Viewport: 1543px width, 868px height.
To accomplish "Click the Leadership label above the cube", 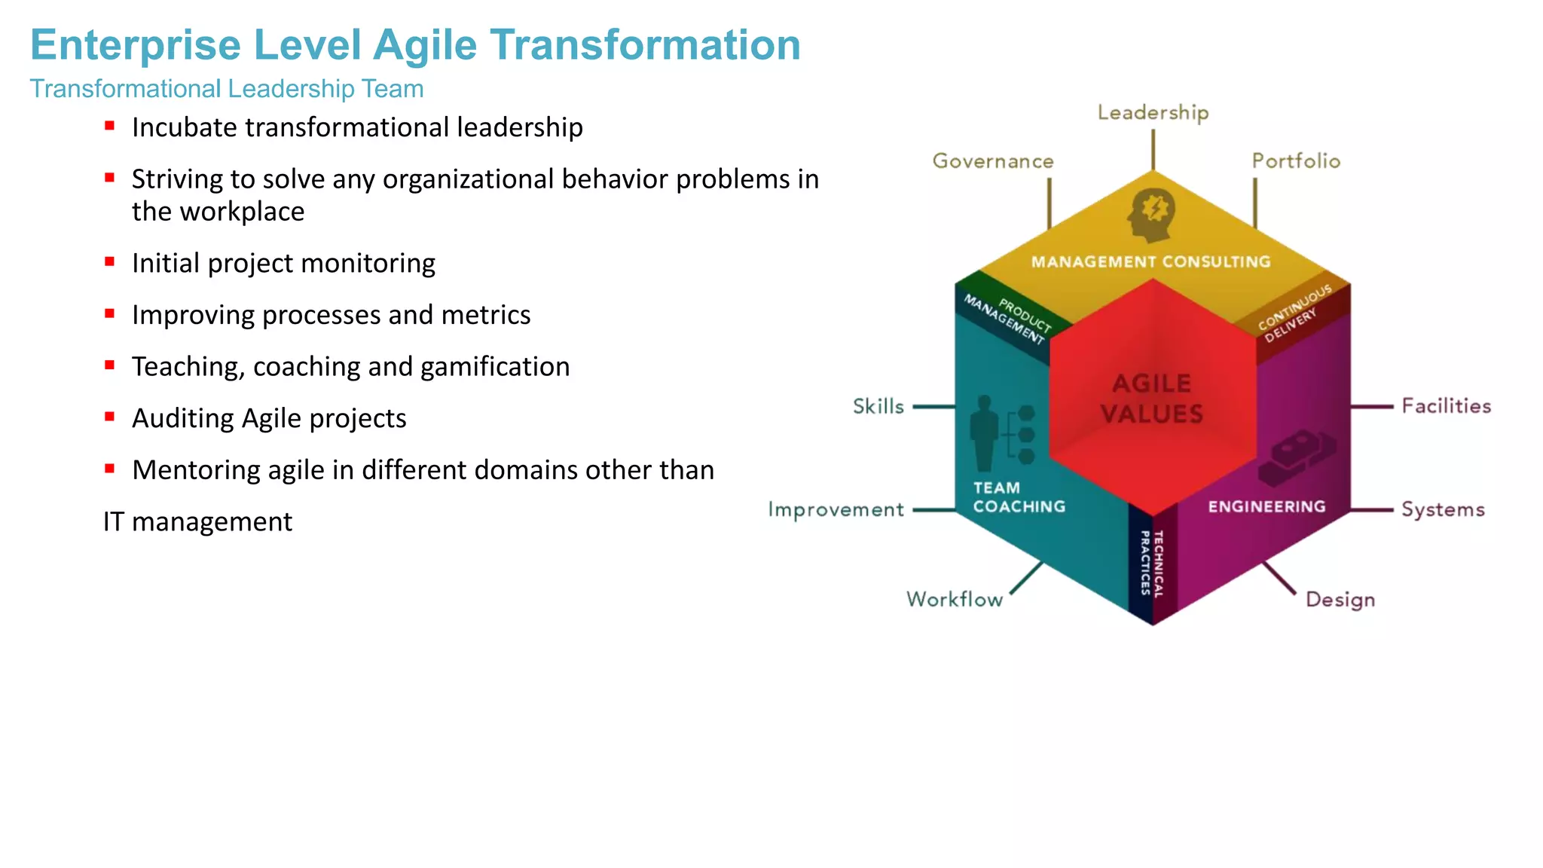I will pyautogui.click(x=1153, y=113).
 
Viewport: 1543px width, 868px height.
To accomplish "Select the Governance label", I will pyautogui.click(x=993, y=161).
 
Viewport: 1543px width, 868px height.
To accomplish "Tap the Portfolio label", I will pyautogui.click(x=1296, y=161).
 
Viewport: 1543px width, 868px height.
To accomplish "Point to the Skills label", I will pyautogui.click(x=878, y=407).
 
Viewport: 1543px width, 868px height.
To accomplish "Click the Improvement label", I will pyautogui.click(x=836, y=510).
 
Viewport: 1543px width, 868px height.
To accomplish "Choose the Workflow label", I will pyautogui.click(x=955, y=600).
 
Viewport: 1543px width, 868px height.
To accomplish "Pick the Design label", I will pyautogui.click(x=1340, y=600).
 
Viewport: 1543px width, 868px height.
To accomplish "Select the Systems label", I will pyautogui.click(x=1443, y=510).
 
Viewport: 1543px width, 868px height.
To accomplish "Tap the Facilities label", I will pyautogui.click(x=1446, y=406).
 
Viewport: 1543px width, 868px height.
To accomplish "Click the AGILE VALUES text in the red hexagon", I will pyautogui.click(x=1152, y=399).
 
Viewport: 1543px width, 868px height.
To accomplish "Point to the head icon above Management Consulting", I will pyautogui.click(x=1151, y=215).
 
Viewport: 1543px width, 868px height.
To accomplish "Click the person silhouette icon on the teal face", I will pyautogui.click(x=984, y=433).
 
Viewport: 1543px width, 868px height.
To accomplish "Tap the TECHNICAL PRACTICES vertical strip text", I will pyautogui.click(x=1152, y=564).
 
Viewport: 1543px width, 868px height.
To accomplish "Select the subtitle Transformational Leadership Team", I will pyautogui.click(x=226, y=89).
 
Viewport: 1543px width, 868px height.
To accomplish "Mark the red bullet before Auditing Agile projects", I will pyautogui.click(x=110, y=417).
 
